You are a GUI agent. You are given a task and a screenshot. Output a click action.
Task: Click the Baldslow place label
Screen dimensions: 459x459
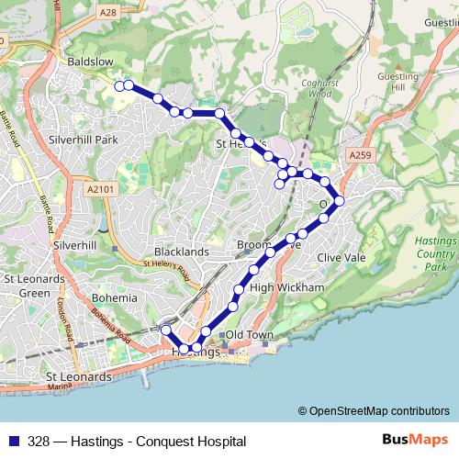90,62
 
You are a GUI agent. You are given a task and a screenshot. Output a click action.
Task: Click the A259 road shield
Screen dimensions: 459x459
361,157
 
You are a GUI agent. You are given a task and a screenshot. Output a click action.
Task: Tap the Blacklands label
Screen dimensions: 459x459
184,251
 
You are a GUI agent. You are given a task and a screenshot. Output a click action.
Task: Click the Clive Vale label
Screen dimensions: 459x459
341,258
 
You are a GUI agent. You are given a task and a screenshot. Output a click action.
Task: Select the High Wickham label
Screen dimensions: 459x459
287,287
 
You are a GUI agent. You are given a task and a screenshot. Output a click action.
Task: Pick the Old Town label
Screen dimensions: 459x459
250,335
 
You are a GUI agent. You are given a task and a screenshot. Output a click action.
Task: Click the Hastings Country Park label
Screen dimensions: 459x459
435,252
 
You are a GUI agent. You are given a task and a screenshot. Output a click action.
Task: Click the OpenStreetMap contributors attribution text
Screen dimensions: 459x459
378,411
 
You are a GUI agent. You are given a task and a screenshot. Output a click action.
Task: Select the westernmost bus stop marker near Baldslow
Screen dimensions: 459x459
118,86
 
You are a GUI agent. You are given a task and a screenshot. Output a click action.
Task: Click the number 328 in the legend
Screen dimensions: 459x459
39,441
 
